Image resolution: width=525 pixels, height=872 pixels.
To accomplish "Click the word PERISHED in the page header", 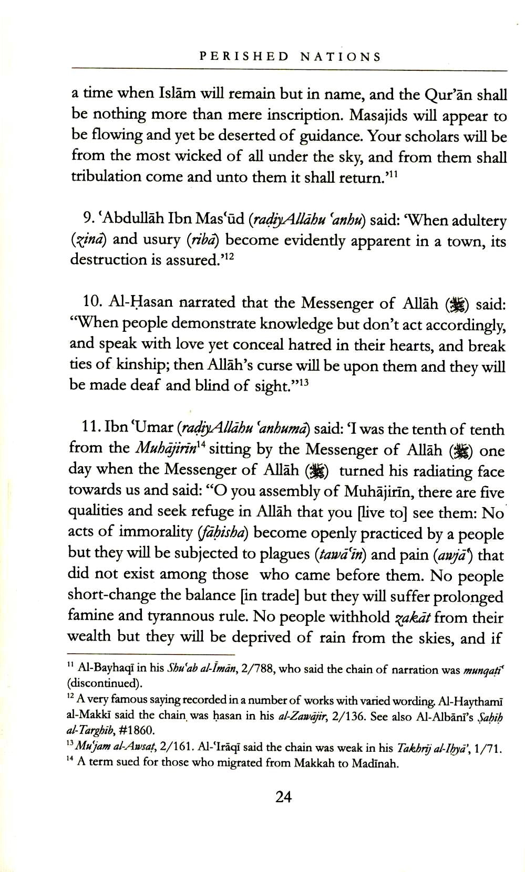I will point(244,57).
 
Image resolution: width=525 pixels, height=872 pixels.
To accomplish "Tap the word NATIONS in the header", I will point(341,57).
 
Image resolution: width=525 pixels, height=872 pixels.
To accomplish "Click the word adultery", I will point(476,221).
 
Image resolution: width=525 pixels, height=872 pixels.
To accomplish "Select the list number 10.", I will point(92,302).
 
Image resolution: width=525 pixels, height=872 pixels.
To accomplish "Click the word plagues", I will point(283,554).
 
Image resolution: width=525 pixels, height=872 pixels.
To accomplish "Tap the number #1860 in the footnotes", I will point(137,730).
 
